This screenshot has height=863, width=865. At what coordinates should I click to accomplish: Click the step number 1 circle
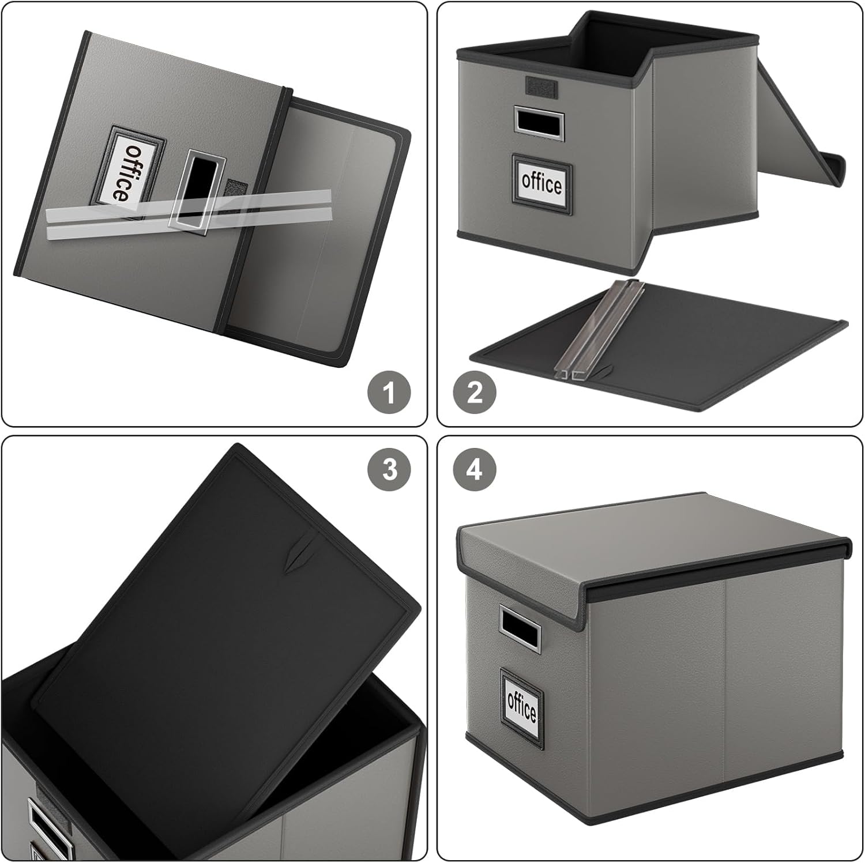(x=389, y=393)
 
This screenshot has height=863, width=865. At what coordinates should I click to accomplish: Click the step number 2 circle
(x=475, y=393)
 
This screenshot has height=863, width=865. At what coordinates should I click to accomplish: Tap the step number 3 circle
(x=390, y=470)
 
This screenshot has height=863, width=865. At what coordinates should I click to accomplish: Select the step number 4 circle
(x=475, y=470)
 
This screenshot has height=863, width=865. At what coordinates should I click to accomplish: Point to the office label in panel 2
(x=541, y=183)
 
